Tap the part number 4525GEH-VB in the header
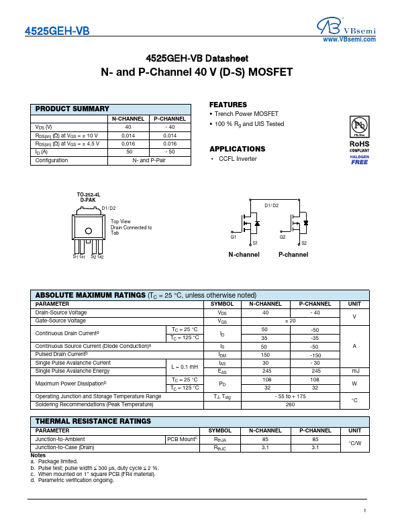(56, 32)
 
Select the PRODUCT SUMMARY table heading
(72, 109)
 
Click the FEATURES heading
(228, 105)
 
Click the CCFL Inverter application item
(238, 159)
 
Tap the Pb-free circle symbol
(359, 127)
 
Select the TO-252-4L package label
(88, 194)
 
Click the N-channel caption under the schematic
(244, 255)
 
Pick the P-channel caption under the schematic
(293, 255)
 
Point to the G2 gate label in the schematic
(283, 237)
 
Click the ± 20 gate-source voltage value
(290, 320)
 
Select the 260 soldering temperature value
(290, 404)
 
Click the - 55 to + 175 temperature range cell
(290, 396)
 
